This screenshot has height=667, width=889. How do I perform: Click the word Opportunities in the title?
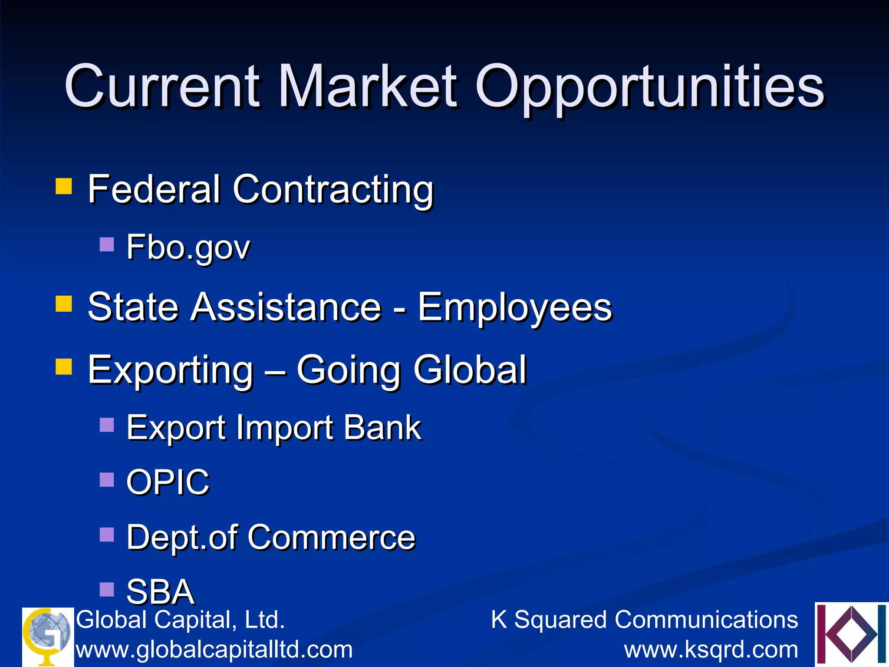pyautogui.click(x=650, y=87)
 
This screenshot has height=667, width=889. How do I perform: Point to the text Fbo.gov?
pyautogui.click(x=188, y=248)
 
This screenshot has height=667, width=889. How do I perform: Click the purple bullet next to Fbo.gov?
pyautogui.click(x=107, y=244)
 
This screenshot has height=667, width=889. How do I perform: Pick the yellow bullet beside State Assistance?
pyautogui.click(x=64, y=304)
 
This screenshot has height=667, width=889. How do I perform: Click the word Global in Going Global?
pyautogui.click(x=470, y=370)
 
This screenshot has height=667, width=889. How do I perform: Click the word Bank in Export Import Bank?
pyautogui.click(x=382, y=428)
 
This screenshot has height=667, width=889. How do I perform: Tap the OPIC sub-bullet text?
pyautogui.click(x=168, y=482)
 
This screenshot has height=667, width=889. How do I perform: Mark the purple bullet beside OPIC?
pyautogui.click(x=107, y=480)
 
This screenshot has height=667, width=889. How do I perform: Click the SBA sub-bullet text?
pyautogui.click(x=160, y=591)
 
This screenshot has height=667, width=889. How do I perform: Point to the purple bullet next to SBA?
pyautogui.click(x=107, y=589)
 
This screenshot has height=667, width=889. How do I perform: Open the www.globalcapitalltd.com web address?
pyautogui.click(x=214, y=650)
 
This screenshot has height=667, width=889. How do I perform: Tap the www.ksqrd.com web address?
pyautogui.click(x=711, y=650)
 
